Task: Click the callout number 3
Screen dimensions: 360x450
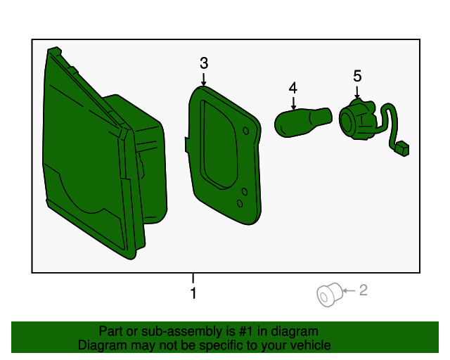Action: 204,63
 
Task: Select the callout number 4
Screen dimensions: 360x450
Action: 292,88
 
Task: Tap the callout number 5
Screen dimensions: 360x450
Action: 357,75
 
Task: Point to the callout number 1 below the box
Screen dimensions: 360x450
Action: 193,293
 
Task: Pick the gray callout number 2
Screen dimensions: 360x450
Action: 364,290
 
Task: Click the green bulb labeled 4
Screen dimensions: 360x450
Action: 302,122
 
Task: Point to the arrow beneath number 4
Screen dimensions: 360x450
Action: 292,102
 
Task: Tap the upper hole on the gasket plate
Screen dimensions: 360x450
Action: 245,131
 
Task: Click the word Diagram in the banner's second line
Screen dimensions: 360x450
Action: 101,345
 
